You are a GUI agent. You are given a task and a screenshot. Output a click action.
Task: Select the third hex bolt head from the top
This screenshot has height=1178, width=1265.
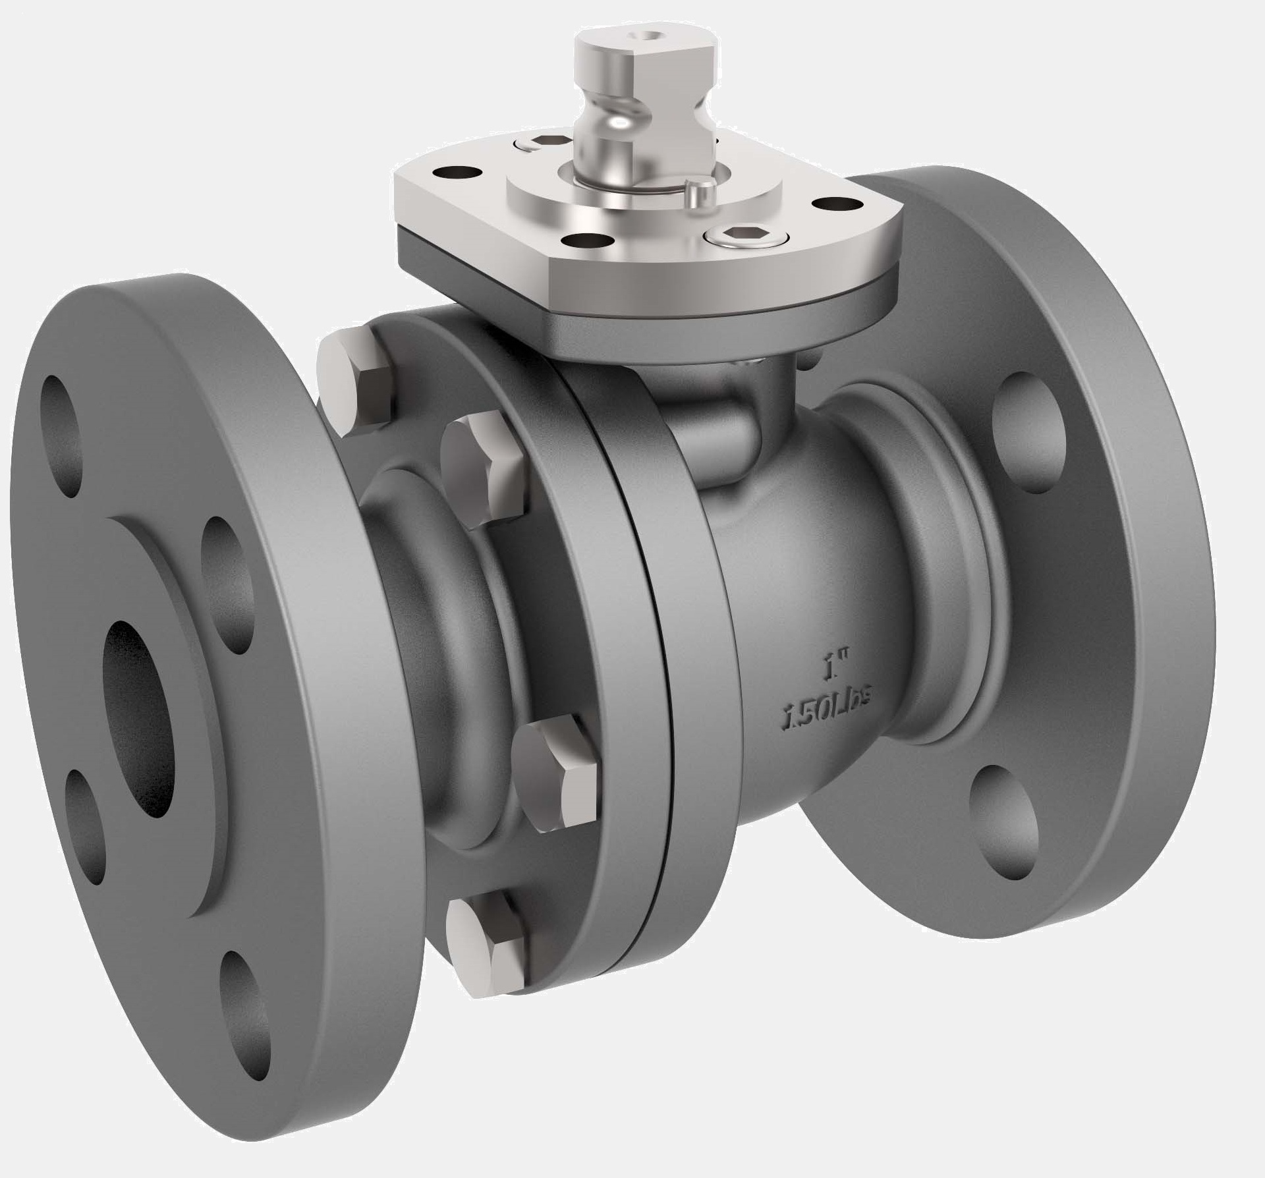(557, 771)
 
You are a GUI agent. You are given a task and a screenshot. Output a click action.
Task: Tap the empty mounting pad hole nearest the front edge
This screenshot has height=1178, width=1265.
(586, 241)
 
